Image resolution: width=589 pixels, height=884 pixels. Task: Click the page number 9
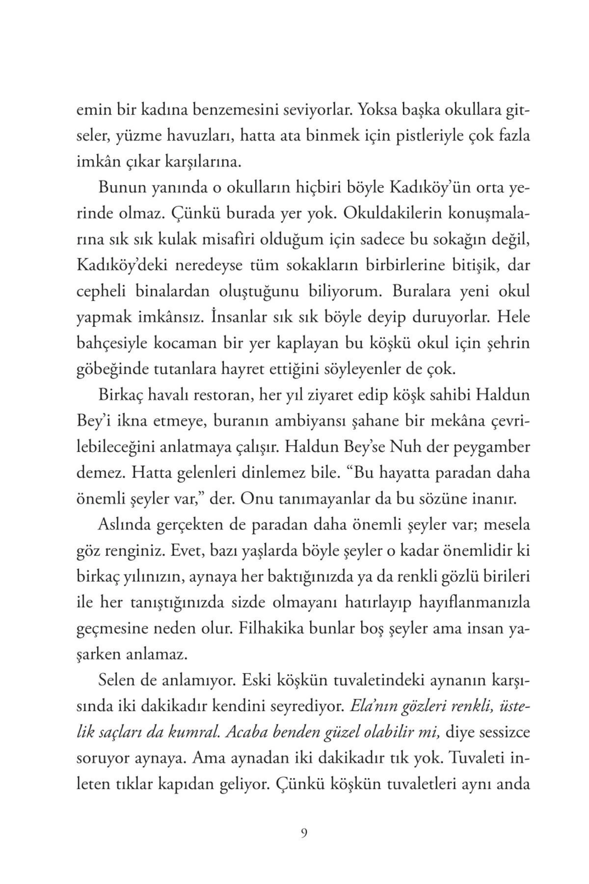click(x=304, y=833)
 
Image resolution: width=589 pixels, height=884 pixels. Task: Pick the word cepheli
click(x=103, y=291)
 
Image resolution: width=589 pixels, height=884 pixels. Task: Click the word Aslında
click(x=123, y=525)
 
